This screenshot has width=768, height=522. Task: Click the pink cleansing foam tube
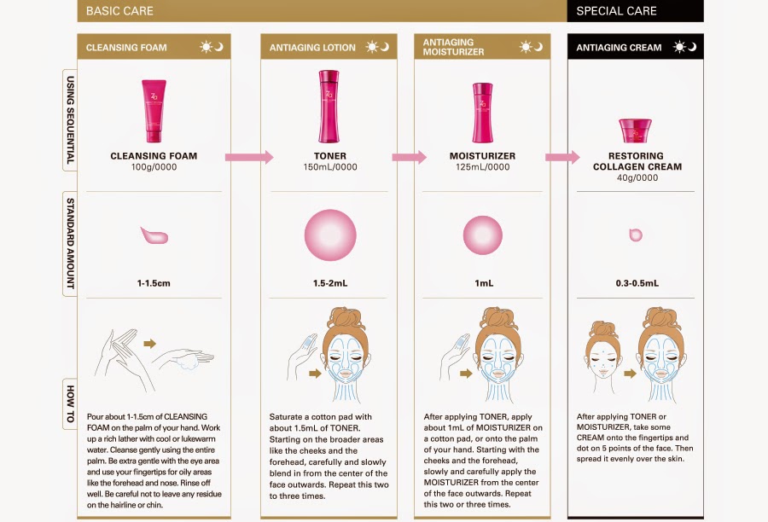click(154, 111)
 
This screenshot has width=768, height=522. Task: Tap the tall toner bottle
click(329, 107)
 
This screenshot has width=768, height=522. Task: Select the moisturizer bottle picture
click(482, 113)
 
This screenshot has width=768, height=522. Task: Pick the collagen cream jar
click(635, 130)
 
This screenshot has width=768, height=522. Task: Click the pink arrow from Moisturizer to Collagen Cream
click(562, 157)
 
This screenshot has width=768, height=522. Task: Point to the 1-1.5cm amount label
click(154, 283)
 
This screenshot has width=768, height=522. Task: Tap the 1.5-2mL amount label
click(330, 283)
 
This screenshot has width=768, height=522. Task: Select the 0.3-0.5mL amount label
click(637, 283)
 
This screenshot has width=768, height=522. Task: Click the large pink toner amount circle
click(330, 235)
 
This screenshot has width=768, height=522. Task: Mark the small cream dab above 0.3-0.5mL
click(635, 235)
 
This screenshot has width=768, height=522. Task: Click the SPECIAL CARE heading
click(616, 11)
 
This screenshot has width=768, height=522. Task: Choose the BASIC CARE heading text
click(119, 11)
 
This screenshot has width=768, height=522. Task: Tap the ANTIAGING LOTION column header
click(312, 48)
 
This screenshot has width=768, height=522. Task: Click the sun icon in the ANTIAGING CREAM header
click(679, 47)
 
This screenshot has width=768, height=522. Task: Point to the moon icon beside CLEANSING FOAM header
click(219, 47)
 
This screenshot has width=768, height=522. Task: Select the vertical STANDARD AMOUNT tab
click(70, 243)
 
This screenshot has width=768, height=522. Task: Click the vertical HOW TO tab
click(70, 404)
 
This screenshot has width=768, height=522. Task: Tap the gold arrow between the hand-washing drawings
click(150, 343)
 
